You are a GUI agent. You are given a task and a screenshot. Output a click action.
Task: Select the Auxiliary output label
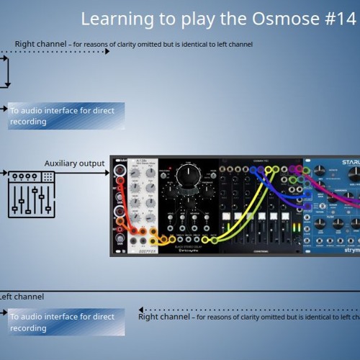[74, 163]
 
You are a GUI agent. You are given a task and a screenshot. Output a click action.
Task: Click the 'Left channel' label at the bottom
[22, 297]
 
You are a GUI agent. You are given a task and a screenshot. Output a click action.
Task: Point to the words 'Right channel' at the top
[41, 44]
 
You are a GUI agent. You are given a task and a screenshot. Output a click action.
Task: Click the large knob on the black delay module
[187, 174]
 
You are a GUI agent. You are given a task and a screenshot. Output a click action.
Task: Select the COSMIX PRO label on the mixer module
[263, 161]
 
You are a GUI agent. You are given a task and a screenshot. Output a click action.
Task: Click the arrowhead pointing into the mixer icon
[6, 173]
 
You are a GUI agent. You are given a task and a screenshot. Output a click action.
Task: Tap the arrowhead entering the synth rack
[107, 173]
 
